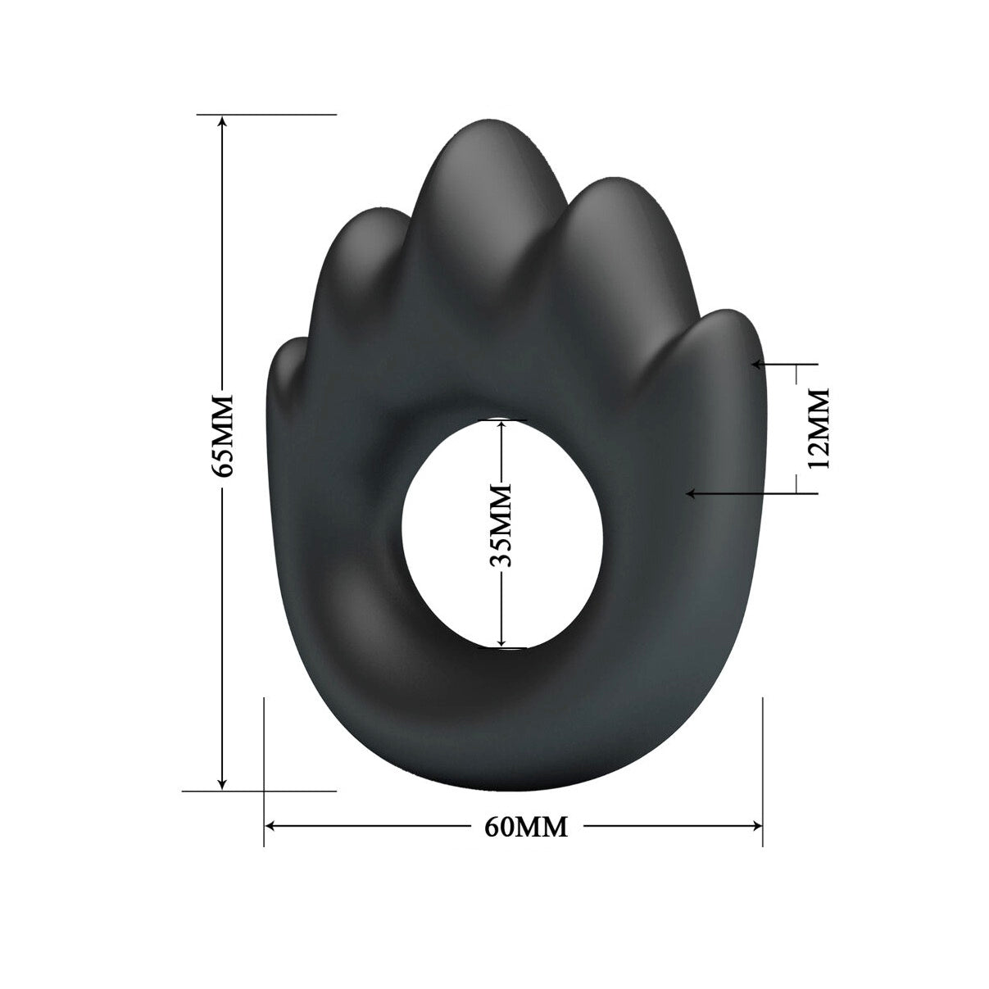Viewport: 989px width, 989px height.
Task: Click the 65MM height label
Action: [x=223, y=436]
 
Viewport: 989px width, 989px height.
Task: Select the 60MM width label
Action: [x=526, y=827]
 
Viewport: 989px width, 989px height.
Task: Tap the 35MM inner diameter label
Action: [x=501, y=525]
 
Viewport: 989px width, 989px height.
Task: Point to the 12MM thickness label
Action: [x=818, y=428]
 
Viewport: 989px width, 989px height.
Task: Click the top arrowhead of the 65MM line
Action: [x=222, y=121]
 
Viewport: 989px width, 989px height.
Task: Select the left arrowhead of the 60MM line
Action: [x=271, y=826]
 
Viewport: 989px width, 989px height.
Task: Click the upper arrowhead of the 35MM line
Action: [x=501, y=427]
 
